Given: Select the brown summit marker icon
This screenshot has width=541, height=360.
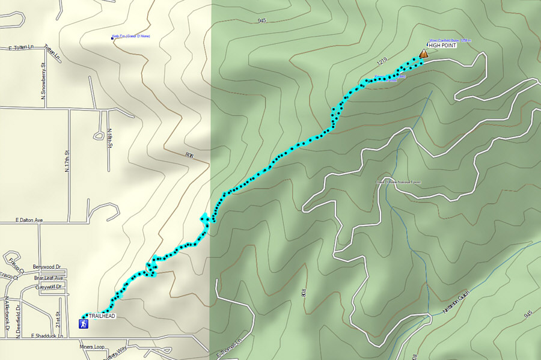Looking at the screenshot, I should (x=423, y=54).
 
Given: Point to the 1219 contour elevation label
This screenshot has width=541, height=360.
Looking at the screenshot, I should (x=383, y=61).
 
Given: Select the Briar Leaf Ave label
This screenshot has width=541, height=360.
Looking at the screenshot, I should (x=49, y=278).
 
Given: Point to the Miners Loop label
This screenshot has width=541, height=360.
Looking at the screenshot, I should (x=91, y=347).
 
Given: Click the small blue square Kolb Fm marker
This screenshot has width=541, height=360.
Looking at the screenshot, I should (x=113, y=39).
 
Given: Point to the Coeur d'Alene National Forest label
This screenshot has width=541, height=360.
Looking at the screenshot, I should (x=399, y=182).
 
